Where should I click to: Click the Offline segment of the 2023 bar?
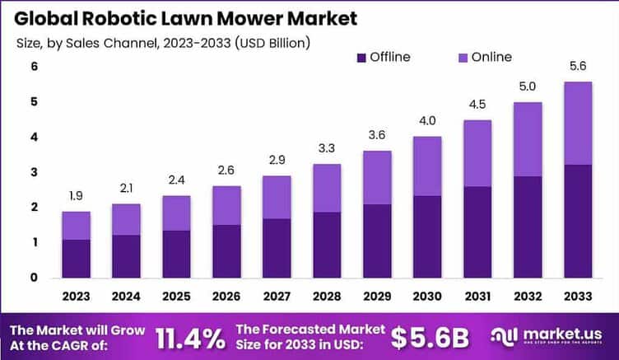tap(76, 258)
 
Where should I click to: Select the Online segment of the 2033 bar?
tap(578, 123)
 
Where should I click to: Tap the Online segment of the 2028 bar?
tap(327, 188)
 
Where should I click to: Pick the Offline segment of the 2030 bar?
tap(427, 236)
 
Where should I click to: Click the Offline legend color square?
tap(361, 58)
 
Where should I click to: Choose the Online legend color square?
tap(463, 58)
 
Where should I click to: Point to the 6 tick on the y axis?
tap(34, 67)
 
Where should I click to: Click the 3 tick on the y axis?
tap(34, 172)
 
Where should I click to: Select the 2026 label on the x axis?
tap(226, 293)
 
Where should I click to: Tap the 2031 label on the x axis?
tap(477, 293)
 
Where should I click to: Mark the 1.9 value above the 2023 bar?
tap(76, 196)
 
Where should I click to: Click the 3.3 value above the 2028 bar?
tap(327, 149)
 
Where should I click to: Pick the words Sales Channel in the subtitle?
tap(105, 41)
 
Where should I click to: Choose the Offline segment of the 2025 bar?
tap(176, 254)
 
